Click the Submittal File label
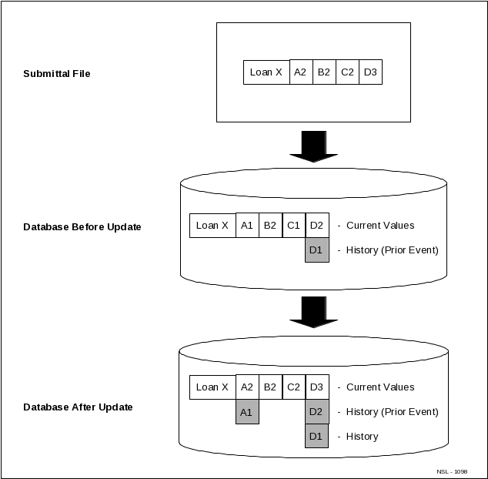click(x=57, y=74)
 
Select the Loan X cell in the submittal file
click(x=266, y=72)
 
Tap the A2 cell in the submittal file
click(x=301, y=72)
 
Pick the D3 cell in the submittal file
click(x=370, y=72)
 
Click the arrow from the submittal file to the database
click(x=313, y=146)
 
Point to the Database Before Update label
click(x=82, y=227)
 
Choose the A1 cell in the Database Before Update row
click(x=247, y=225)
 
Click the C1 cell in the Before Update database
click(x=293, y=225)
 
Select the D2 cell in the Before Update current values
click(x=316, y=225)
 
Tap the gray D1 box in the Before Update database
click(x=316, y=250)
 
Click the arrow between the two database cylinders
click(x=313, y=311)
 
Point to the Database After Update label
click(x=78, y=407)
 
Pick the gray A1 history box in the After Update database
click(x=247, y=412)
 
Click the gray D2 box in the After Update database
click(x=316, y=412)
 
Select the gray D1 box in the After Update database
click(x=316, y=436)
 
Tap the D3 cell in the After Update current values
click(x=316, y=387)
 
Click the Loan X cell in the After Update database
click(x=212, y=387)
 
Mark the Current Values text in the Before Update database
click(x=380, y=226)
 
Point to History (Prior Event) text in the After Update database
click(x=393, y=412)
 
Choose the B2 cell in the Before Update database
click(x=270, y=225)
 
